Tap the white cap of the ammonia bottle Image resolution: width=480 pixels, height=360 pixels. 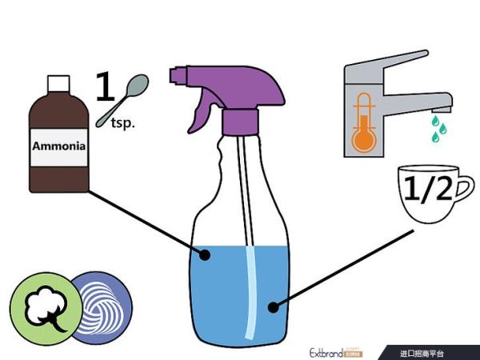pyautogui.click(x=58, y=84)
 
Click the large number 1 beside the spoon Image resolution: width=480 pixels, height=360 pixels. pyautogui.click(x=106, y=86)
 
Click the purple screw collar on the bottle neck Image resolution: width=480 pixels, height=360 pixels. pyautogui.click(x=241, y=122)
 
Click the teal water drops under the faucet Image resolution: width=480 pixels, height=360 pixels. pyautogui.click(x=437, y=129)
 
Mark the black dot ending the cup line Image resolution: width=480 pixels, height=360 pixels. pyautogui.click(x=274, y=305)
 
